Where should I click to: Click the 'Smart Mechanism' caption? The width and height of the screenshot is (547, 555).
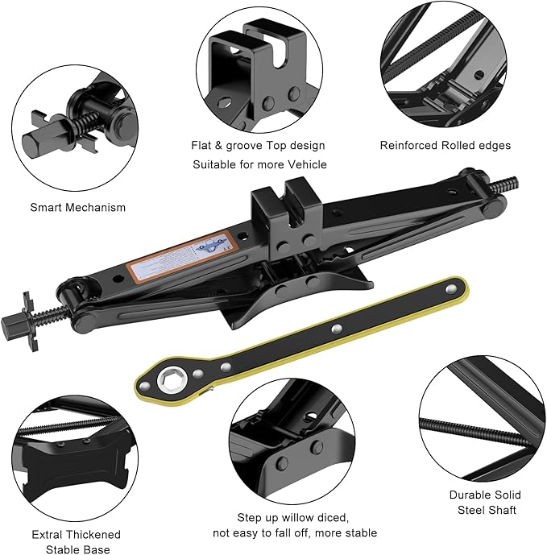[78, 207]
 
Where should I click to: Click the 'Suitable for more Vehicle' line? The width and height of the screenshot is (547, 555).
[258, 165]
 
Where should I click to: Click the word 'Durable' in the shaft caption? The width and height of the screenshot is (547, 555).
[469, 495]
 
